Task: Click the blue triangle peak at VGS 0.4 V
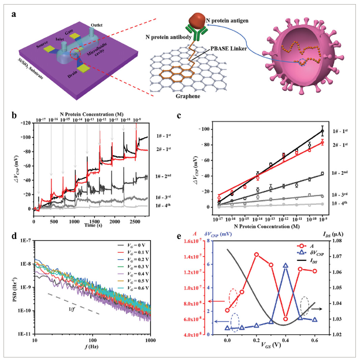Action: coord(285,265)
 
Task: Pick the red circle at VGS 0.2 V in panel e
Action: coord(257,254)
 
